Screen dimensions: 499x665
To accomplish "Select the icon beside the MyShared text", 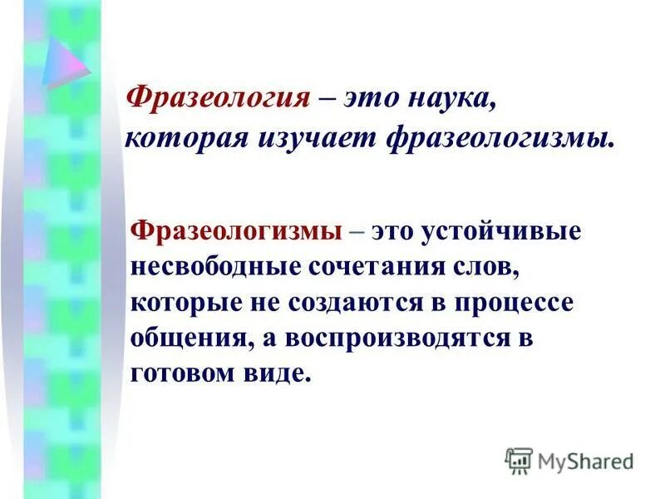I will coord(519,460).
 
